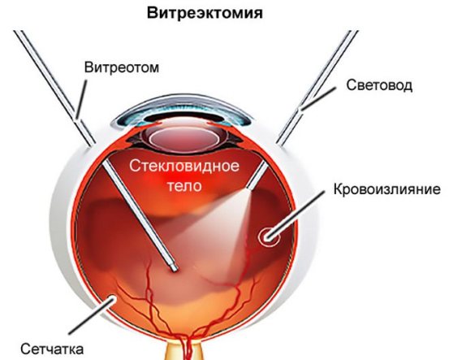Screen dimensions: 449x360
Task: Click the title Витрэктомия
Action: (205, 13)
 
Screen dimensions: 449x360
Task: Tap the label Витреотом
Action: (122, 67)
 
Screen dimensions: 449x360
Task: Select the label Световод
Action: (379, 85)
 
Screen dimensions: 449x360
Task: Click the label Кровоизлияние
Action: (387, 189)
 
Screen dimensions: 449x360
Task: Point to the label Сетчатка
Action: (52, 349)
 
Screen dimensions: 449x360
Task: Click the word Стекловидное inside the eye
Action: (184, 166)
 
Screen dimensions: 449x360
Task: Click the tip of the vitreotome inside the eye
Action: (174, 268)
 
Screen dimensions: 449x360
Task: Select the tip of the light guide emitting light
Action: (248, 187)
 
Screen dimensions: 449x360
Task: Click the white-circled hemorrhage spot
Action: (268, 236)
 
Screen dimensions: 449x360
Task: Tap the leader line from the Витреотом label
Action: (81, 99)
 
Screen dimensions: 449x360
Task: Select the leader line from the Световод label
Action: (317, 98)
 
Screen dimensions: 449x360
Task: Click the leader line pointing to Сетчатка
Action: (92, 316)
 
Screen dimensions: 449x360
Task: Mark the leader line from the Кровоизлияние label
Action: (296, 215)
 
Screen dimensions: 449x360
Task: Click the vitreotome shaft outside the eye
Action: (55, 88)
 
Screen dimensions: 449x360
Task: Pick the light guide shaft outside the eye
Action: (317, 87)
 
